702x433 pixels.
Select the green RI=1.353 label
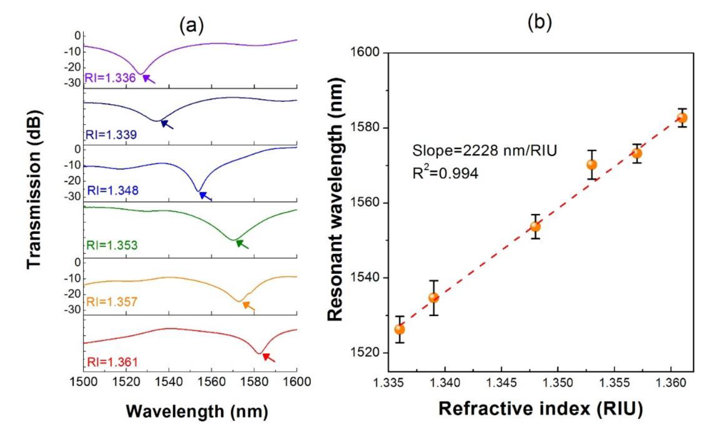click(x=112, y=245)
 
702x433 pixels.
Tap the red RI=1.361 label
click(x=112, y=362)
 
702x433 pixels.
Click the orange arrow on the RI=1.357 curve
click(x=248, y=306)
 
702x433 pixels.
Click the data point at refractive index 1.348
click(x=535, y=227)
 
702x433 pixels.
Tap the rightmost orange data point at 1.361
click(x=682, y=118)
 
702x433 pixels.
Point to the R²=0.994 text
click(x=445, y=173)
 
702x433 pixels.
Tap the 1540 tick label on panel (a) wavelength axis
click(x=169, y=382)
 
